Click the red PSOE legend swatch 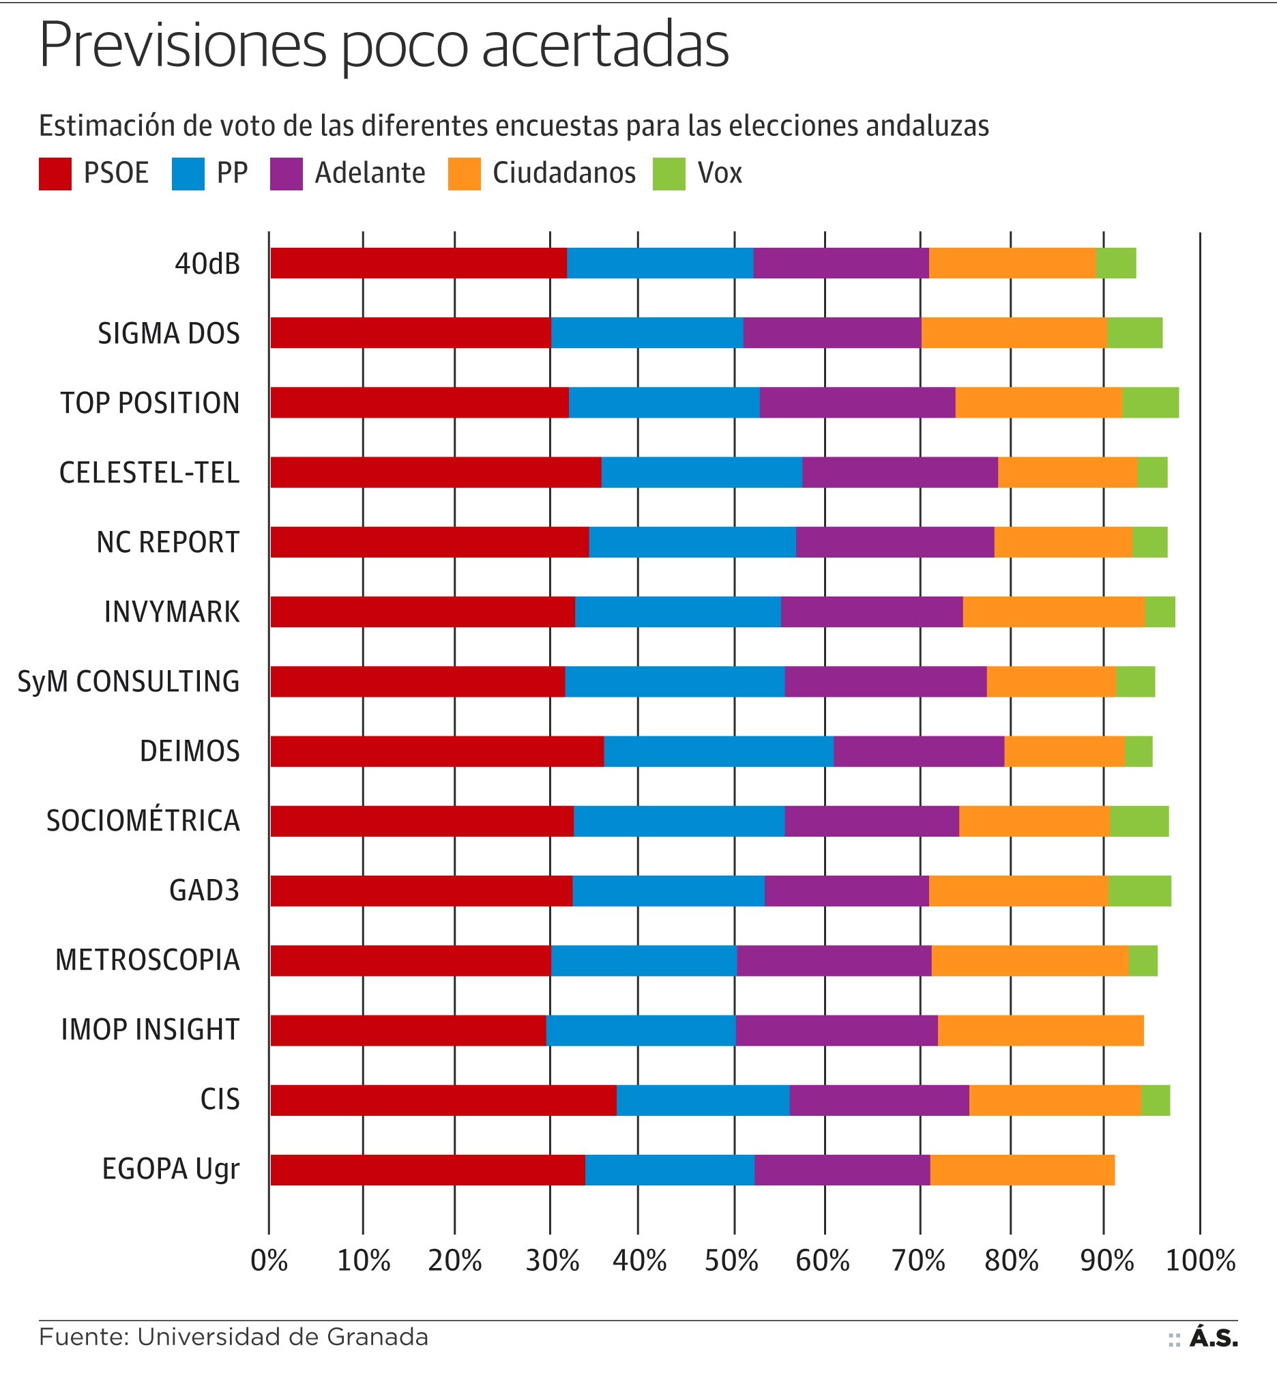click(x=55, y=173)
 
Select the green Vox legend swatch click(x=669, y=173)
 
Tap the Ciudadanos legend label click(x=564, y=173)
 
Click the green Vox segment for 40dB click(x=1116, y=263)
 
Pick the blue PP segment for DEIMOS click(x=719, y=751)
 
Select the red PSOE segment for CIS click(x=443, y=1100)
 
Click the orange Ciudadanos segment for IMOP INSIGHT click(x=1041, y=1030)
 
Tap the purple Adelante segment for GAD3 click(x=847, y=891)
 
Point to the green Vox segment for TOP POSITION click(x=1151, y=403)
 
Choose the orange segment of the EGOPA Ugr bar click(x=1022, y=1170)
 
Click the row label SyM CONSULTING click(x=128, y=682)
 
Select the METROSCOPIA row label click(x=147, y=960)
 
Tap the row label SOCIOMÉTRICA click(x=143, y=820)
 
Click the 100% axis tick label click(x=1201, y=1261)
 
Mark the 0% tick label click(x=269, y=1261)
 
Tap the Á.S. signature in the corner click(x=1214, y=1338)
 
